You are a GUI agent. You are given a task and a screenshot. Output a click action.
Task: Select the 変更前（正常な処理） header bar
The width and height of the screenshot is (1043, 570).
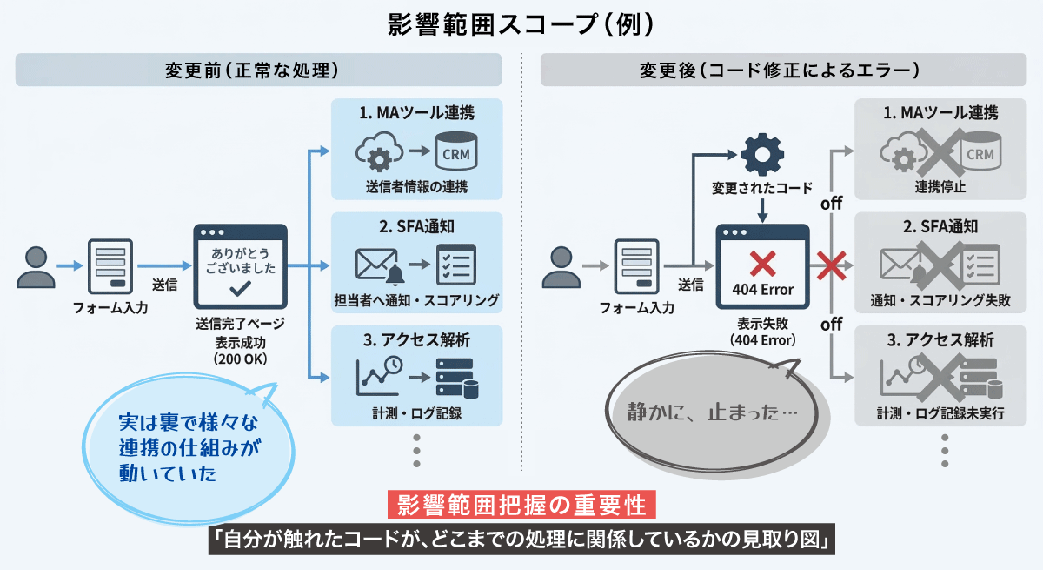pos(258,70)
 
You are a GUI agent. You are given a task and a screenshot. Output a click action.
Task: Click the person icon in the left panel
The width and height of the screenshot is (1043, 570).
pos(36,267)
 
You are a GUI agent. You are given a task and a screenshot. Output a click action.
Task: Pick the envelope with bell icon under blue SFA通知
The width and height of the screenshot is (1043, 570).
pos(380,265)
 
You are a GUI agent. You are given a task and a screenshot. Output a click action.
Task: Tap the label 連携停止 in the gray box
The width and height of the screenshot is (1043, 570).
pos(940,186)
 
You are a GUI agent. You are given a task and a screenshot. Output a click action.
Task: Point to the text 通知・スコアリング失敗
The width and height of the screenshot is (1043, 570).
pos(940,301)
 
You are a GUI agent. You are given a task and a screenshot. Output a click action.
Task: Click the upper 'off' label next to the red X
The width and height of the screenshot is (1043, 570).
pos(832,205)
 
